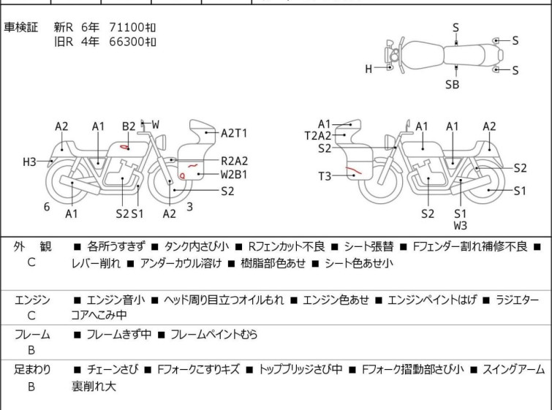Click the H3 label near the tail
tap(29, 162)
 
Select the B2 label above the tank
tap(129, 126)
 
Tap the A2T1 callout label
tap(234, 134)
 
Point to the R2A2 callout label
tap(234, 161)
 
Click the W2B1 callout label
tap(234, 175)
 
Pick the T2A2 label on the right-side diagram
tap(318, 135)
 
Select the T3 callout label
tap(325, 176)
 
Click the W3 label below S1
tap(461, 226)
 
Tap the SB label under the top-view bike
tap(452, 85)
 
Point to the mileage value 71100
tap(126, 27)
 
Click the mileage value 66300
tap(126, 42)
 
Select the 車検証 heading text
tap(20, 27)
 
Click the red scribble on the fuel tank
tap(124, 147)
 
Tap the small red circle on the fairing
tap(182, 175)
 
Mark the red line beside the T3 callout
tap(353, 171)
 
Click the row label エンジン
tap(32, 300)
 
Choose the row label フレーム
tap(32, 334)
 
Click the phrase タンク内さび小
tap(197, 246)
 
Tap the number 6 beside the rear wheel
tap(47, 207)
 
